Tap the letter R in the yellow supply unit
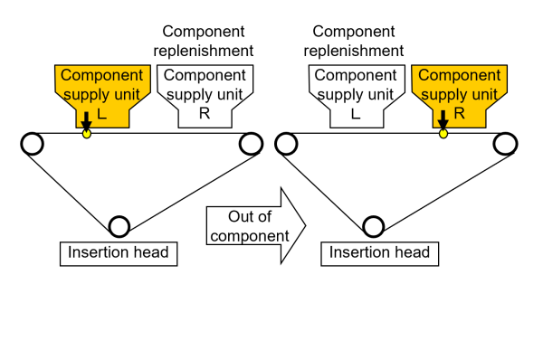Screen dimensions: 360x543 point(459,114)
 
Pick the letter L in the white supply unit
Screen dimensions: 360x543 point(355,114)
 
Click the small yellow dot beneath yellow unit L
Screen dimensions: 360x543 point(87,134)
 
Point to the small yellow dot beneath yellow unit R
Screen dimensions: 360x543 point(443,134)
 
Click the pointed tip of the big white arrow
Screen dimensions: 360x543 point(306,226)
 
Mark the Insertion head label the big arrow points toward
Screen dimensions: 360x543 point(378,252)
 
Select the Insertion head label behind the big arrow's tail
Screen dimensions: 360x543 point(119,252)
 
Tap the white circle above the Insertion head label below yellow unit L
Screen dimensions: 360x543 point(119,226)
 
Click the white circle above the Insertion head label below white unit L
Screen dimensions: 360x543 point(373,226)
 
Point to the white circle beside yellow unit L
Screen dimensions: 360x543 point(33,144)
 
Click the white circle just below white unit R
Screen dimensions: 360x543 point(252,144)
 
